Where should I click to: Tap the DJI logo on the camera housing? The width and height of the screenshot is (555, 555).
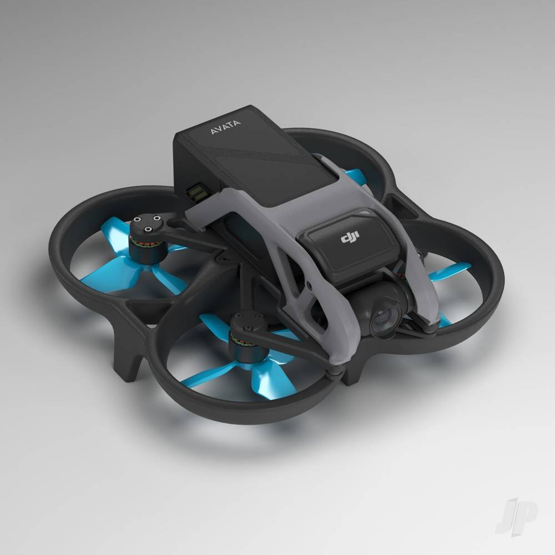[x=350, y=236]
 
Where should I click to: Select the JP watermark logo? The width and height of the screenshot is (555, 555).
[x=516, y=516]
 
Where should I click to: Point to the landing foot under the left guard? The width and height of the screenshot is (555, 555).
[x=128, y=365]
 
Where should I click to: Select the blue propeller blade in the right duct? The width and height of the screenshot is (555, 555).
[x=450, y=271]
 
